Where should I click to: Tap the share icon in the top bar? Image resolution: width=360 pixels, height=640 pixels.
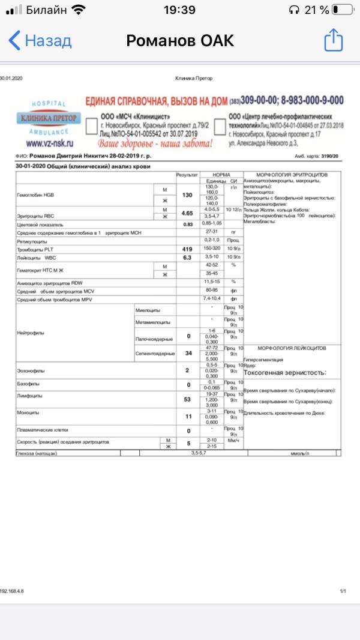click(333, 41)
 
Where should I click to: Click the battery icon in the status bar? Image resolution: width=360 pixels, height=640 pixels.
click(343, 10)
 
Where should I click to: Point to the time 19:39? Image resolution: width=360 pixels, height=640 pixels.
click(179, 10)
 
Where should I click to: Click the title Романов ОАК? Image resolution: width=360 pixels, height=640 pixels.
click(179, 41)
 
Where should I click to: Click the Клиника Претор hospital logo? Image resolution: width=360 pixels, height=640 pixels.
click(48, 118)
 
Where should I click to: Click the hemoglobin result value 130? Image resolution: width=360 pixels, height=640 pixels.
click(188, 195)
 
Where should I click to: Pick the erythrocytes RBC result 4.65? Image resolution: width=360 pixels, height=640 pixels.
click(188, 213)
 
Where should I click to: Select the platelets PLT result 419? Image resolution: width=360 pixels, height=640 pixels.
click(188, 249)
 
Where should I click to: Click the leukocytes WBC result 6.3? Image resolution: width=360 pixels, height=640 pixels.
click(188, 257)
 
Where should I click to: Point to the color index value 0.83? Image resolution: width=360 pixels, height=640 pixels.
click(188, 224)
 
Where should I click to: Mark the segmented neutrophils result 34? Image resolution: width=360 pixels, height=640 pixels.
click(188, 354)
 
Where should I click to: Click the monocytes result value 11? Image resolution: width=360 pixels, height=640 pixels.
click(188, 415)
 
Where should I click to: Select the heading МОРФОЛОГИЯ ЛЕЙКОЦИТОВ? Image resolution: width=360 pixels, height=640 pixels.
click(292, 348)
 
